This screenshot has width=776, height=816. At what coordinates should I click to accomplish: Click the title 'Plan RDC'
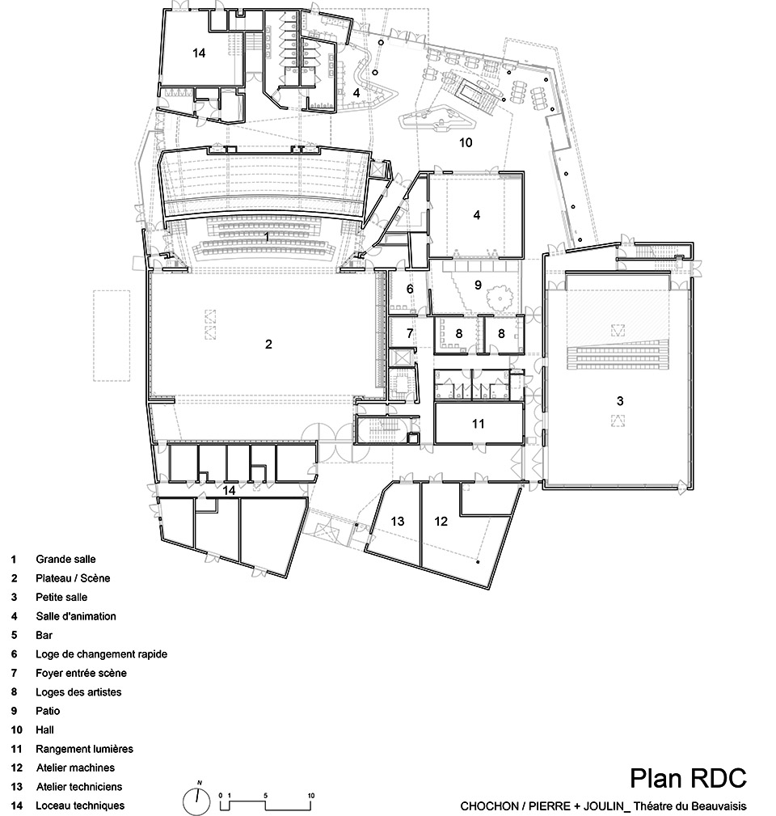click(x=688, y=778)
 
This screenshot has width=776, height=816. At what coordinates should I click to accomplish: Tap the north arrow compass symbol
click(x=197, y=801)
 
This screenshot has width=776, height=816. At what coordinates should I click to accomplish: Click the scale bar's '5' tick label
click(x=266, y=796)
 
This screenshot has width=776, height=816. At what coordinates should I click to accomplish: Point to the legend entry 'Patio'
click(x=48, y=711)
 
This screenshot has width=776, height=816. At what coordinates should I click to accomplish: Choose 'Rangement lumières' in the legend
click(x=84, y=749)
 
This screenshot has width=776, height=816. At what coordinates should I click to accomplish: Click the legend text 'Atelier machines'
click(x=75, y=767)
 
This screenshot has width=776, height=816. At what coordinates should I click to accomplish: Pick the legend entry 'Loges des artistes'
click(x=78, y=692)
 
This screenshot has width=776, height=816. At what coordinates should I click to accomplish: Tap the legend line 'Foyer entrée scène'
click(x=81, y=673)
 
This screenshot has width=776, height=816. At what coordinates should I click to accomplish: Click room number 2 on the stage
click(x=268, y=344)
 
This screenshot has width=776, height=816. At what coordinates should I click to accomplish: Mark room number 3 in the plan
click(x=620, y=401)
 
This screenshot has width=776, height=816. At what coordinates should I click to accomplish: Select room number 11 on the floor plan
click(x=478, y=423)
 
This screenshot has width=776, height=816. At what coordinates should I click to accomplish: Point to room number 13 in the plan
click(x=398, y=521)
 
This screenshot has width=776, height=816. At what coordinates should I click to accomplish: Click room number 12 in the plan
click(x=441, y=521)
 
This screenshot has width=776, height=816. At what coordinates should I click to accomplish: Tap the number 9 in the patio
click(x=478, y=284)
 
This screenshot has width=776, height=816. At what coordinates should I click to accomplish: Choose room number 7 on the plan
click(x=410, y=332)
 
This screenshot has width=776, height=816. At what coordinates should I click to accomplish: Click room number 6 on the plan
click(x=410, y=289)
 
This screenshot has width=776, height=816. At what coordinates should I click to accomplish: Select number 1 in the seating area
click(x=267, y=237)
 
